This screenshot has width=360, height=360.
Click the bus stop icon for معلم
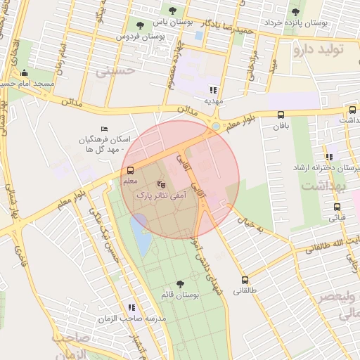point(130,170)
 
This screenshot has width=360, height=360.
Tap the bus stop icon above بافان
point(281,115)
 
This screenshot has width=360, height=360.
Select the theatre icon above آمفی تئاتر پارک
point(162,184)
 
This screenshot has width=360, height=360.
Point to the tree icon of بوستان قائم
point(181,284)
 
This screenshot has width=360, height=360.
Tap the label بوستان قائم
point(180,295)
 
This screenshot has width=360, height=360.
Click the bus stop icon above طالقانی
point(245,280)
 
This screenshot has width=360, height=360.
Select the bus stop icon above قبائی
point(337,207)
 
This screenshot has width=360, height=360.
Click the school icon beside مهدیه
point(213,90)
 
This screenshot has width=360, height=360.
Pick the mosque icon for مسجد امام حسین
point(25,73)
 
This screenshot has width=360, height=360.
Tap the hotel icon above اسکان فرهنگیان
point(105,129)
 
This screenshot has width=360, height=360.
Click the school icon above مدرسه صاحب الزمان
point(131,307)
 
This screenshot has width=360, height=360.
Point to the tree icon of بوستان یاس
point(172,11)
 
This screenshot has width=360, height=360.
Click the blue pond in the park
point(139,236)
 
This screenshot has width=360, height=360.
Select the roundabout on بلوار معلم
point(213,126)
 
